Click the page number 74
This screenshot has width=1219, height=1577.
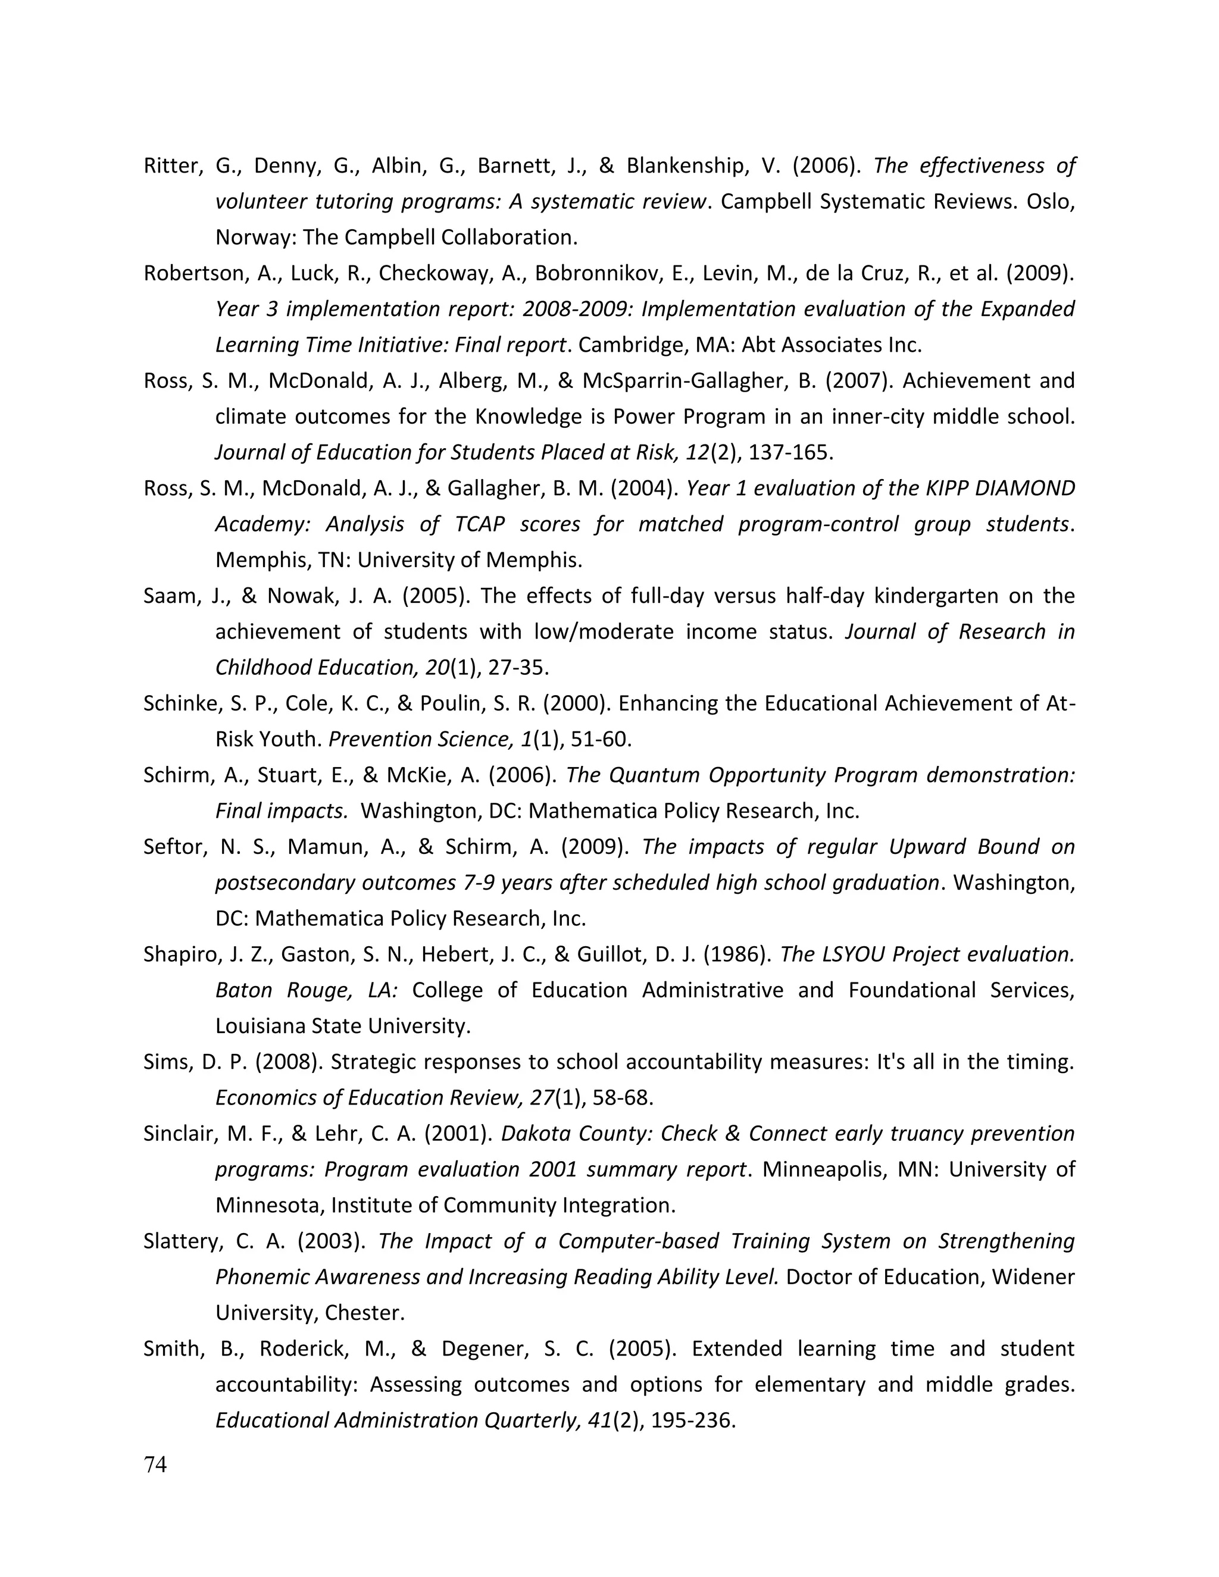(x=155, y=1465)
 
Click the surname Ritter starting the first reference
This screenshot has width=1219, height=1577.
(x=170, y=166)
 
